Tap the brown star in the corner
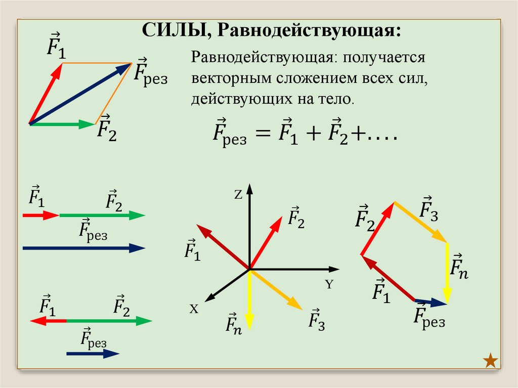click(x=490, y=361)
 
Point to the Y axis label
click(x=329, y=284)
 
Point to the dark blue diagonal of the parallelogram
click(x=81, y=93)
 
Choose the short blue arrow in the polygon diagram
click(x=431, y=301)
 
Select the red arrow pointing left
click(x=48, y=321)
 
